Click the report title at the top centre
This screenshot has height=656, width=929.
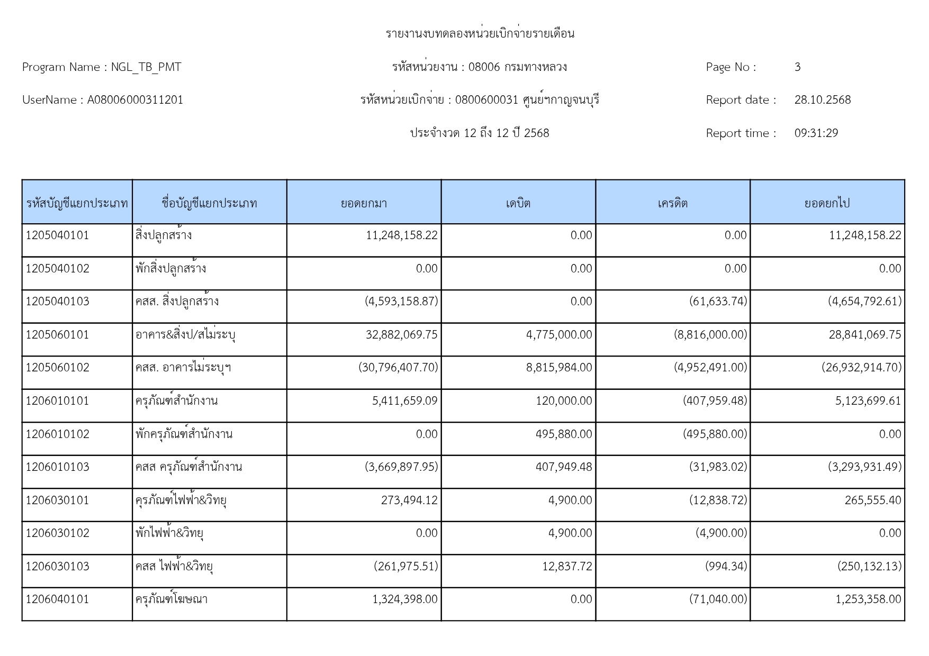480,34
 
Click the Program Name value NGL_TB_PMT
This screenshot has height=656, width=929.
146,67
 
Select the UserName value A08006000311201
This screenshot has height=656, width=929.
135,100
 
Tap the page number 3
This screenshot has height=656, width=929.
797,67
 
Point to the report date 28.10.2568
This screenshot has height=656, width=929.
822,100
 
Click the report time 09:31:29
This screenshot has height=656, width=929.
816,133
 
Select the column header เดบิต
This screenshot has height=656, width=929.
518,203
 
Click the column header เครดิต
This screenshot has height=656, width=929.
672,203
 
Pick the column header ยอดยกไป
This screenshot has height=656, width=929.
827,203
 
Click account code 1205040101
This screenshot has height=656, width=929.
58,235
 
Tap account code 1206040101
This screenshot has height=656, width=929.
58,599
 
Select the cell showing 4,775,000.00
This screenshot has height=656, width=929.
559,335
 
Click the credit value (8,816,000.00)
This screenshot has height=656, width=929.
710,335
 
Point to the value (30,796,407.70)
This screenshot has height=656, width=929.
398,368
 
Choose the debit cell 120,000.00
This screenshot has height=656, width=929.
564,401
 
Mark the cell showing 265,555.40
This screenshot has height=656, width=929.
872,500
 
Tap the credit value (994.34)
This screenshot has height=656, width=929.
726,567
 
